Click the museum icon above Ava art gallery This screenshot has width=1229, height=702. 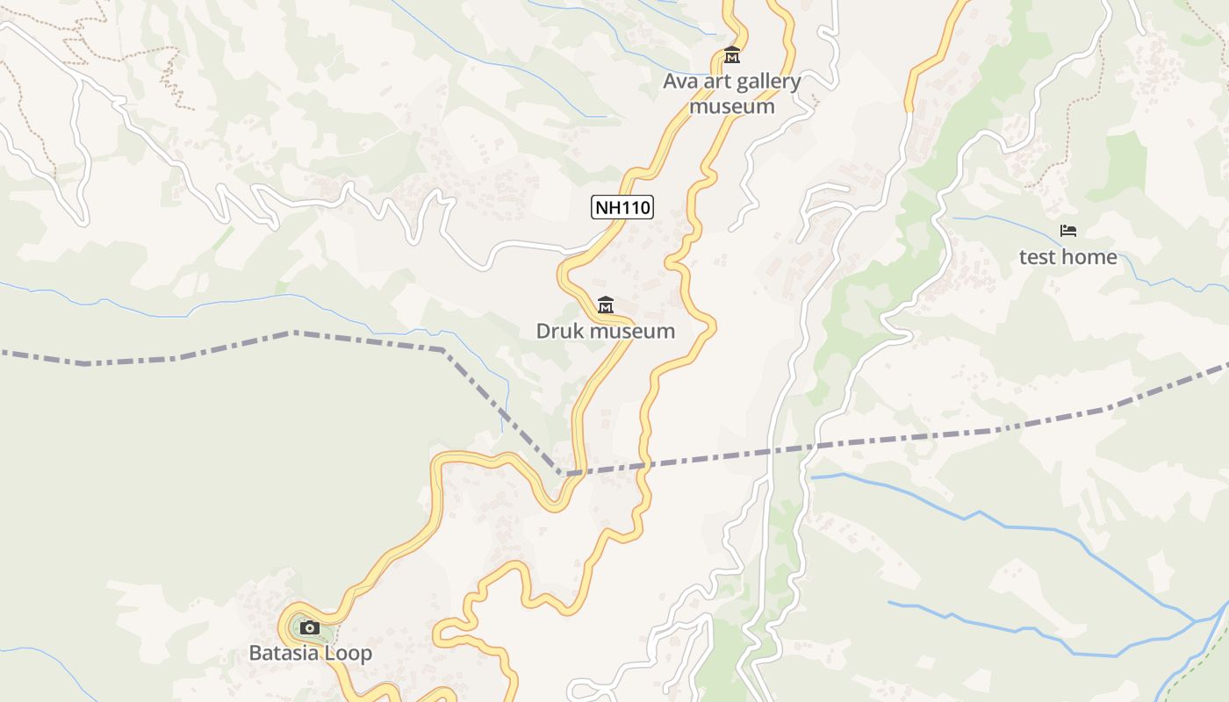(x=731, y=55)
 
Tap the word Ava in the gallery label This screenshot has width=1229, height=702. (x=679, y=82)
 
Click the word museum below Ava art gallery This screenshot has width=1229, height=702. (x=731, y=106)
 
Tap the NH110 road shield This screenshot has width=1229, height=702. (x=622, y=207)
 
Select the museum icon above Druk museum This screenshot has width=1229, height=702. (x=605, y=305)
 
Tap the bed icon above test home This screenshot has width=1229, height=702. (x=1067, y=231)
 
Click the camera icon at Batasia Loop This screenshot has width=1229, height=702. (x=309, y=627)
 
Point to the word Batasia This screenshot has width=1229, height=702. (x=284, y=653)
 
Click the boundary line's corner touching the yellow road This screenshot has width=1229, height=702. (x=562, y=474)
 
